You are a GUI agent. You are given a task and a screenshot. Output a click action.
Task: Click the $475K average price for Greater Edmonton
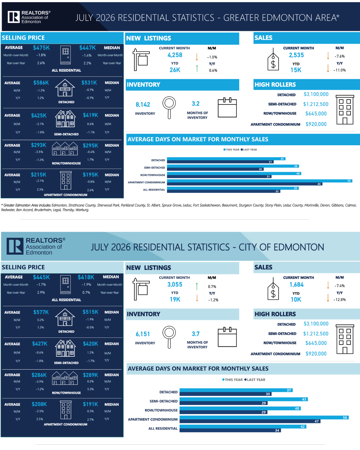pos(41,48)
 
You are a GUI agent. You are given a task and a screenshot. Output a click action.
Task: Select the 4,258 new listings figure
pos(175,55)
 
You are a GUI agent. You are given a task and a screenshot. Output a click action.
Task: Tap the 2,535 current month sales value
pos(296,55)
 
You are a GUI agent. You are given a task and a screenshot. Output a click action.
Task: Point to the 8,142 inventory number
pos(143,105)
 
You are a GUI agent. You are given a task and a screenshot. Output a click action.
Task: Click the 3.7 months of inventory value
pos(196,334)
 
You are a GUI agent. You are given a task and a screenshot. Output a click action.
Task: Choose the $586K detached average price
pos(41,83)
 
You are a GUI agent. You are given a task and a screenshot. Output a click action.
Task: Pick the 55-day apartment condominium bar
pos(259,181)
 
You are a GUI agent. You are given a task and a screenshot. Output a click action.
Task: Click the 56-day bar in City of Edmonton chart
pos(264,418)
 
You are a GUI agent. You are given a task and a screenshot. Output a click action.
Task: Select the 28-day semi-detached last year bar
pos(215,169)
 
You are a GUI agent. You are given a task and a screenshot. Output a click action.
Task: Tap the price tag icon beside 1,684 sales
pos(273,289)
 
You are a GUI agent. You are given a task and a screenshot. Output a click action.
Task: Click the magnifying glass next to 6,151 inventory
pos(169,337)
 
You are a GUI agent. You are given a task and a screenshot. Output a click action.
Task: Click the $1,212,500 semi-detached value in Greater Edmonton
pos(316,104)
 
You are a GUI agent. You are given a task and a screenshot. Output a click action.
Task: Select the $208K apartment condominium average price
pos(39,404)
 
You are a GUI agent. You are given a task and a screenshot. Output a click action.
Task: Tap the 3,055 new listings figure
pos(175,285)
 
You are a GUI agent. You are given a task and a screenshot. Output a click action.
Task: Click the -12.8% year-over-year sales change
pos(340,300)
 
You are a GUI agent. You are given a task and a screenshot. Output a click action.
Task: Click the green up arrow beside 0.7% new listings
pos(197,286)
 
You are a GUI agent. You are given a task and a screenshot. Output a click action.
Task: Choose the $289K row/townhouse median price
pos(90,375)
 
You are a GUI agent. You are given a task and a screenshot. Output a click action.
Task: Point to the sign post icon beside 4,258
pos(141,60)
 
